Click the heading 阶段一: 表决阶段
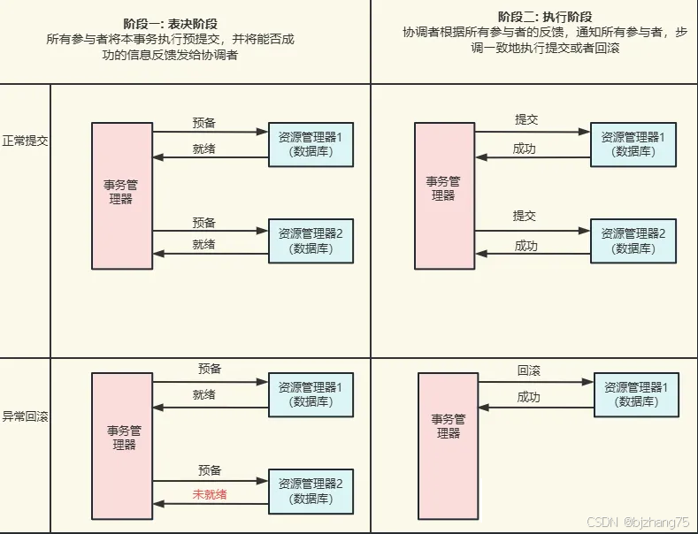pos(184,24)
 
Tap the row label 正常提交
pos(26,141)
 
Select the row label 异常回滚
pos(26,416)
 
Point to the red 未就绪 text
pos(203,493)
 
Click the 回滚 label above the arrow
pos(529,372)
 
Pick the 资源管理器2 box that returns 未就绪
pos(311,491)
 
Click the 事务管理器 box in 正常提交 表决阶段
pos(121,195)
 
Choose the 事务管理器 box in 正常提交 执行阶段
pos(444,195)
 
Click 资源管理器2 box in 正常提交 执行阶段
pos(633,240)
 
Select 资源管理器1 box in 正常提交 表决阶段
pos(311,144)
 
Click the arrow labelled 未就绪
pos(210,504)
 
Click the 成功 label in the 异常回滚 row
pos(528,398)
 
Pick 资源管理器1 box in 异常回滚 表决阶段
pos(311,394)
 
